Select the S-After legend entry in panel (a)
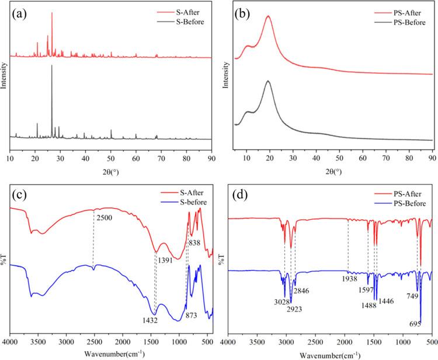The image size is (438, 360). coord(183,11)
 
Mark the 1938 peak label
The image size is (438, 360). coord(348,279)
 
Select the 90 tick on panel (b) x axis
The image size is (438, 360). coord(432,159)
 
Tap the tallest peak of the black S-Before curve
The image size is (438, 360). coord(51,65)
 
